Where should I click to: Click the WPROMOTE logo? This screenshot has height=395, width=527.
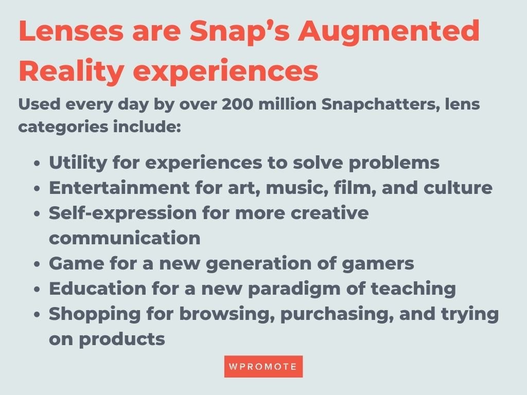263,366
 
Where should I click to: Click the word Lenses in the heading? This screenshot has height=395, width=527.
71,31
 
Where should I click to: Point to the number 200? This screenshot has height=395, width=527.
237,104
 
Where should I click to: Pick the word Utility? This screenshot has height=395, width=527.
78,163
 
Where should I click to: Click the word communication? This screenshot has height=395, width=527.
125,238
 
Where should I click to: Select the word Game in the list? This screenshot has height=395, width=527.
77,263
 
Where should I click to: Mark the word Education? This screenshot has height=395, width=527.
97,289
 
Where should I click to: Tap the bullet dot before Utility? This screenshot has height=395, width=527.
37,164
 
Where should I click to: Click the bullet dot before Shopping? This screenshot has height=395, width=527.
37,315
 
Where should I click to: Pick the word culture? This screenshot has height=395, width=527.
458,187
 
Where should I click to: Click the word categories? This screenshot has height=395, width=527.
63,128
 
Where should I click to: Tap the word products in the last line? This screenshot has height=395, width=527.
121,339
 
